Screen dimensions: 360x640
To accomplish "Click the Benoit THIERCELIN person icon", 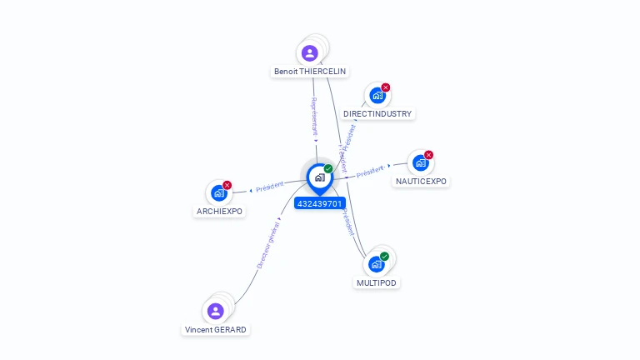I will click(x=310, y=53).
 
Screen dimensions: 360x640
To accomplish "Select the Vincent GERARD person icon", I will click(x=216, y=311).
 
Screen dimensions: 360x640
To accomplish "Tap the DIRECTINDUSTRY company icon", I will click(x=377, y=96).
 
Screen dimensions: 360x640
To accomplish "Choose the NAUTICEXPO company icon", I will click(x=421, y=162).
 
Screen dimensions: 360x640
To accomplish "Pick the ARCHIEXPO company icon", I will click(x=218, y=193).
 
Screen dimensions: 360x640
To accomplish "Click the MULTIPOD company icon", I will click(x=377, y=264).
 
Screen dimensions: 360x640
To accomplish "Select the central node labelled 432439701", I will click(x=319, y=177).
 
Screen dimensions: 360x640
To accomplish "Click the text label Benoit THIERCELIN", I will click(x=310, y=72).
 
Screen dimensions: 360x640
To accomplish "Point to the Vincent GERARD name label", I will click(x=216, y=329).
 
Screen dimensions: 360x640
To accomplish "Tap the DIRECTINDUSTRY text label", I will click(x=377, y=113).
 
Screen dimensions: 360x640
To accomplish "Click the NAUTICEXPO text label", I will click(x=421, y=181).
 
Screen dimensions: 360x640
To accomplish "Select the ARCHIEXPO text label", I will click(x=219, y=212).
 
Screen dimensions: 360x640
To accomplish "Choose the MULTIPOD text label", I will click(x=377, y=282).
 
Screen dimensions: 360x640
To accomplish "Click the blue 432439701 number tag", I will click(x=319, y=203).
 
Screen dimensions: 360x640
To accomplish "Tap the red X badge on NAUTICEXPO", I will click(x=429, y=154).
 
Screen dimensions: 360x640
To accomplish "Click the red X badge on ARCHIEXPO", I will click(x=227, y=185).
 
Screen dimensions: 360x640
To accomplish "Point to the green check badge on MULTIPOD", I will click(x=384, y=256).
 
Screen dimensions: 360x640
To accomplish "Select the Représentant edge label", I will click(x=314, y=116).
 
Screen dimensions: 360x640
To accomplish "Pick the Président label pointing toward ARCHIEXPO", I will click(x=270, y=187).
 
